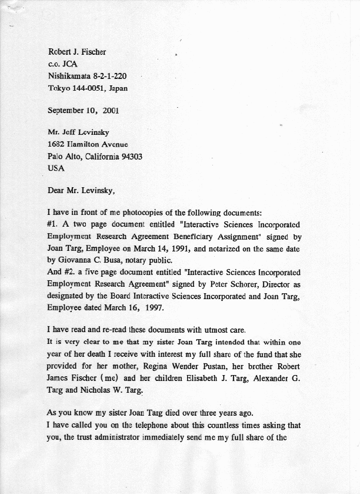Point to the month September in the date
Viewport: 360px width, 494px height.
[66, 110]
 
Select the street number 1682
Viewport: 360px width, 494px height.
[57, 144]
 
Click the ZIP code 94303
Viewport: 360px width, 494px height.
[131, 157]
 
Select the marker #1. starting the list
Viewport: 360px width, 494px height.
[53, 224]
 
